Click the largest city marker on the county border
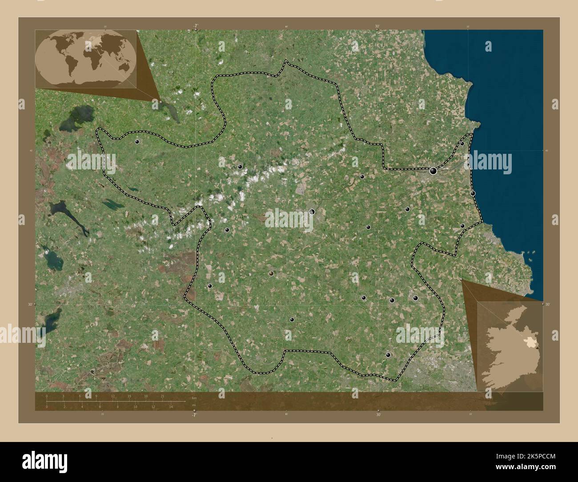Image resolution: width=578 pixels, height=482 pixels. [x=433, y=170]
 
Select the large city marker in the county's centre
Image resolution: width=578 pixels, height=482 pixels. [x=312, y=212]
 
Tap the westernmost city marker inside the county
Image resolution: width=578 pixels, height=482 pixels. [x=137, y=142]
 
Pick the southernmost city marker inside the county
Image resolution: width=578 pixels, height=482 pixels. [x=388, y=355]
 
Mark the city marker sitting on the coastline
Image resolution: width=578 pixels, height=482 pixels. [x=473, y=193]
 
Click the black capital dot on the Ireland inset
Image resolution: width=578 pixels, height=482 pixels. [x=537, y=348]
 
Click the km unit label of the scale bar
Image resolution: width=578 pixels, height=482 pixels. [x=193, y=398]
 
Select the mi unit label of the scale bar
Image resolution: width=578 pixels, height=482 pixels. [x=193, y=406]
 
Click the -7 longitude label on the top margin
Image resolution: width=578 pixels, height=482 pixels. [x=195, y=27]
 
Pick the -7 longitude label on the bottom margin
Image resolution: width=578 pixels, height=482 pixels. [x=194, y=415]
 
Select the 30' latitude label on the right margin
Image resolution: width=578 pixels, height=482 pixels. [x=548, y=305]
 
